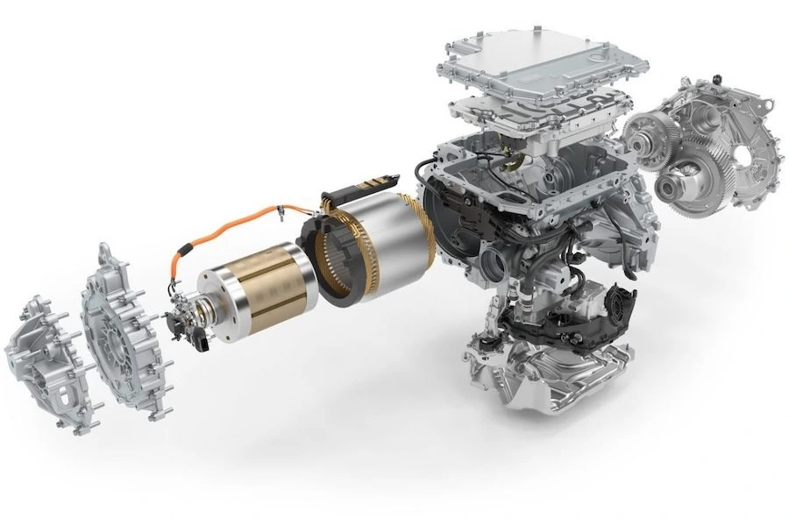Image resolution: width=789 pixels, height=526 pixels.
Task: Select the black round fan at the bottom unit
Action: click(x=615, y=312)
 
